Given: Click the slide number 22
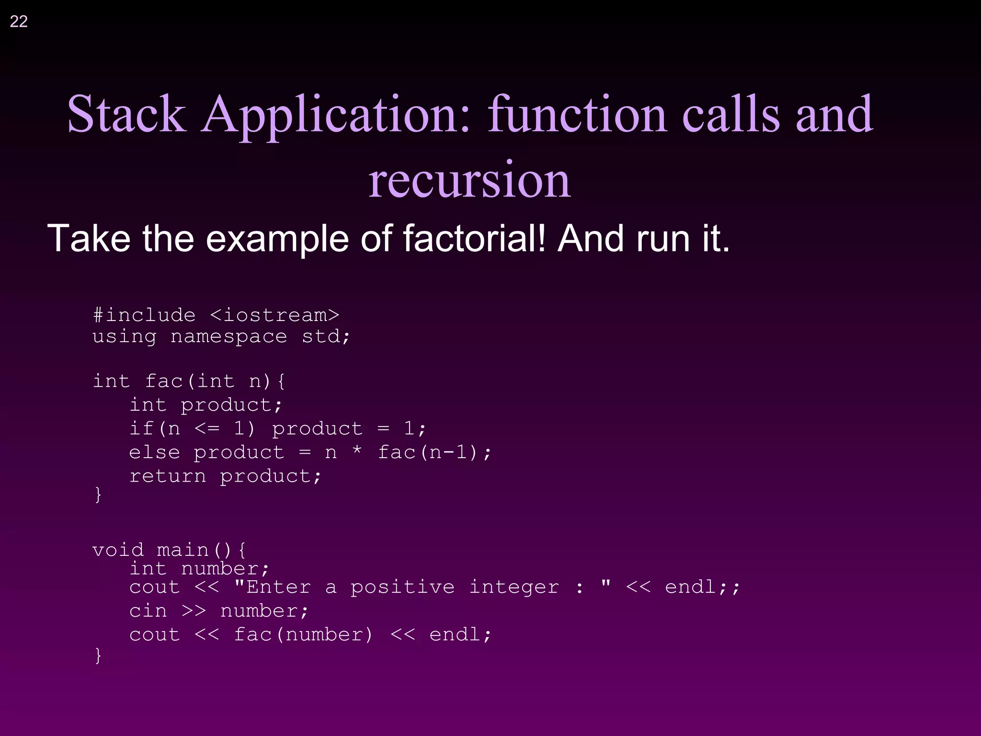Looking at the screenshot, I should click(x=19, y=22).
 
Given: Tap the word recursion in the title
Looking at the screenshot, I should click(x=469, y=180).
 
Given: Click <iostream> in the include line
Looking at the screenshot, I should click(x=274, y=315).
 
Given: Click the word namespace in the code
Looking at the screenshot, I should click(x=228, y=336).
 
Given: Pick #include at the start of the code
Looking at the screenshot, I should click(x=144, y=315).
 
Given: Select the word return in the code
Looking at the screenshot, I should click(x=168, y=476).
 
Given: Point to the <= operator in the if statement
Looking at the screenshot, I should click(x=207, y=428).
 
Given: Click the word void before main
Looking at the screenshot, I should click(x=118, y=550).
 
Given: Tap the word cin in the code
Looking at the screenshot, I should click(x=148, y=611).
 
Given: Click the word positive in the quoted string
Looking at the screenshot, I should click(x=402, y=587).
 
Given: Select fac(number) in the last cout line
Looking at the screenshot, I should click(x=303, y=634).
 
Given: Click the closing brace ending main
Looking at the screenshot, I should click(x=98, y=655).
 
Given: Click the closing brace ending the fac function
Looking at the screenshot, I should click(x=98, y=494).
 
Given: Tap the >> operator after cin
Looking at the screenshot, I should click(x=194, y=611).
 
